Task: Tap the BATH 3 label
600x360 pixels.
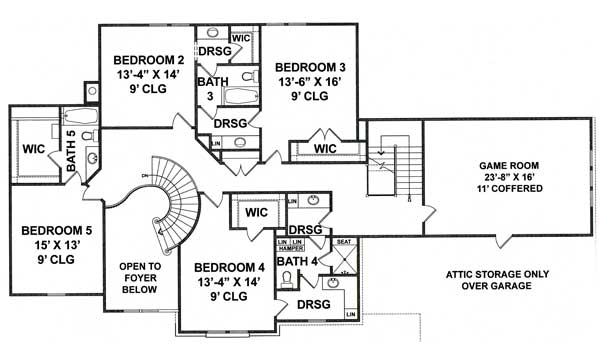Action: (x=211, y=89)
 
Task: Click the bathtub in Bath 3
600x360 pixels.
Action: (x=238, y=98)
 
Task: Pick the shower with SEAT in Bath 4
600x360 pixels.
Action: (x=345, y=265)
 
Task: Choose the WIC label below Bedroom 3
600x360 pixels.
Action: (x=324, y=149)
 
